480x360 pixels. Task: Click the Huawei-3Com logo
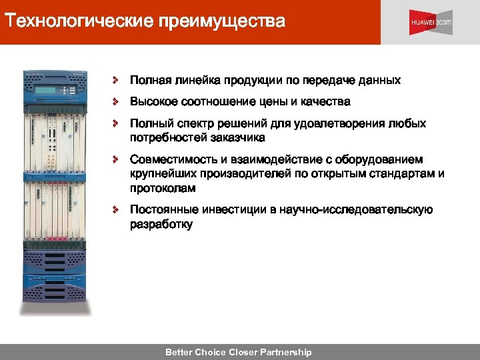[x=431, y=22]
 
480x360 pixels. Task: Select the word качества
[x=324, y=102]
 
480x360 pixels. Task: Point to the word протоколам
[x=163, y=189]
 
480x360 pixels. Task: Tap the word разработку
[x=161, y=225]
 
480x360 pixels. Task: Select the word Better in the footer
[x=179, y=352]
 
